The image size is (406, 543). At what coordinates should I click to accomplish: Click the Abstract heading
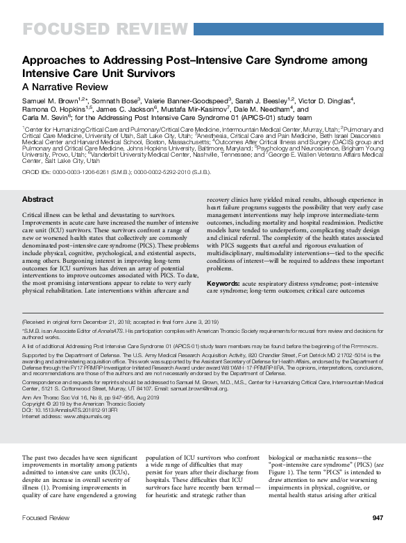(38, 200)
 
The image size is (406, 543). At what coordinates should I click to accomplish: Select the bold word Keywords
(223, 284)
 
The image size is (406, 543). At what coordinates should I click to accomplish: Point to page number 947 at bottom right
(378, 518)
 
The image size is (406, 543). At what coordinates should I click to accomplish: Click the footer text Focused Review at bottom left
(45, 518)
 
